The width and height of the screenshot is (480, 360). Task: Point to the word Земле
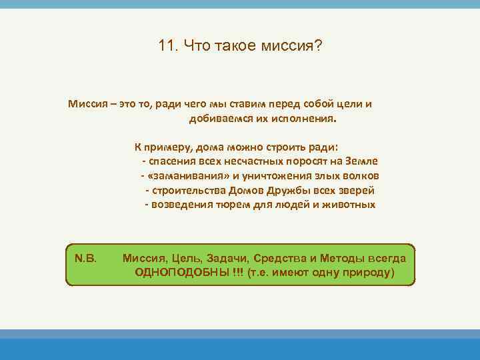363,161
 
